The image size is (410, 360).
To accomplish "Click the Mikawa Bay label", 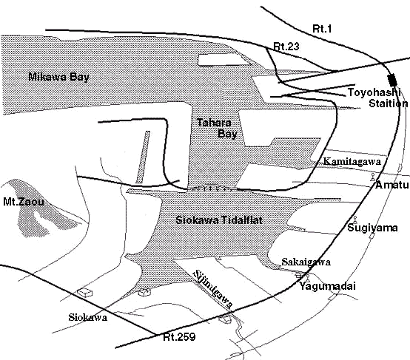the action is click(58, 77).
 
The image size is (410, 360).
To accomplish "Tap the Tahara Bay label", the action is click(217, 128).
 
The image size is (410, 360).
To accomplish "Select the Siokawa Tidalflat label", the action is click(219, 220).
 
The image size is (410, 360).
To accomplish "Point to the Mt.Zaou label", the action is click(23, 202).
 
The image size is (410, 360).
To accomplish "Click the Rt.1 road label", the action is click(322, 29).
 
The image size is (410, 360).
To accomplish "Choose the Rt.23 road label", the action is click(286, 47).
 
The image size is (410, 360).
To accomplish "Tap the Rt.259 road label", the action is click(179, 337).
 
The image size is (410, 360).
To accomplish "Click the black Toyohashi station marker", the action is click(392, 80).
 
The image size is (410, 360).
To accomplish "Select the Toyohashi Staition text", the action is click(377, 98).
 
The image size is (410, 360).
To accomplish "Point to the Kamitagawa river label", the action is click(352, 161).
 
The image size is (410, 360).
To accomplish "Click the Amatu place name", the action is click(391, 185).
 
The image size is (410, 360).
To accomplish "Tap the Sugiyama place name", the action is click(372, 228).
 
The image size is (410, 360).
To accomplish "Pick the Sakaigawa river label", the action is click(306, 262).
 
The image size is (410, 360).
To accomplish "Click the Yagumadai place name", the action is click(327, 286).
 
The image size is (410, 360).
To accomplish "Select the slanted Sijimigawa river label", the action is click(213, 289).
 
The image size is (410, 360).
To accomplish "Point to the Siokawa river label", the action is click(87, 317).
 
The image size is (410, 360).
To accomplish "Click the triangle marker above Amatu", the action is click(372, 177).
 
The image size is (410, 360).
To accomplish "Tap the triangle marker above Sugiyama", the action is click(355, 220).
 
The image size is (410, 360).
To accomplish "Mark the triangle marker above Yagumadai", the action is click(308, 278).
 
